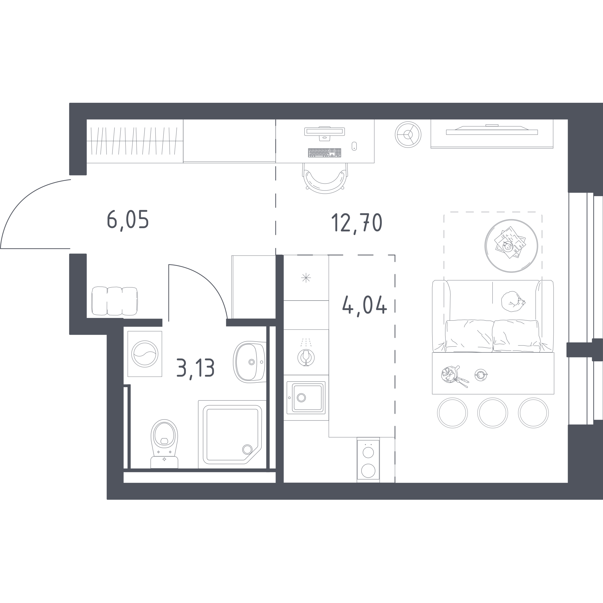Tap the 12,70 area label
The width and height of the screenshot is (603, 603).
[357, 223]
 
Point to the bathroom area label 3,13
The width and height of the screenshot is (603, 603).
[196, 368]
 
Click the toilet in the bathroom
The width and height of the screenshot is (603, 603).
[164, 443]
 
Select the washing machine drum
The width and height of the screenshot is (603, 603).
[145, 354]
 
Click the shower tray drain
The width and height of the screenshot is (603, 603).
[247, 449]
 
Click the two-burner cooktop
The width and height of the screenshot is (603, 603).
[368, 459]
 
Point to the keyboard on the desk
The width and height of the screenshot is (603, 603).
[324, 153]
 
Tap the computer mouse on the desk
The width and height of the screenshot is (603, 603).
[354, 146]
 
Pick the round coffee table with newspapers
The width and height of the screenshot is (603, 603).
[511, 246]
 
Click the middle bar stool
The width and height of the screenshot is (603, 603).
[493, 413]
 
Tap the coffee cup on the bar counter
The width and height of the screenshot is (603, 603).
[481, 375]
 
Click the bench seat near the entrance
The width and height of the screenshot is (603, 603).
[115, 301]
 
